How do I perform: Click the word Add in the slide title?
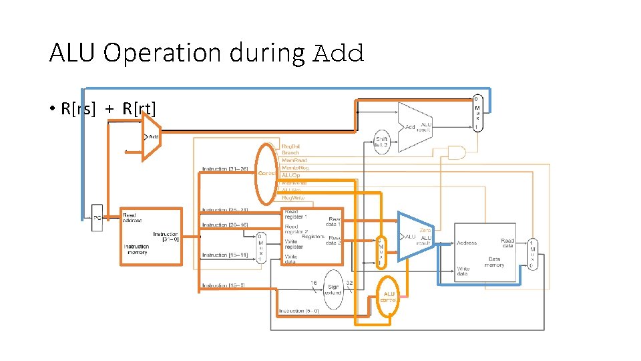point(339,53)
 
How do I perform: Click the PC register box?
point(97,218)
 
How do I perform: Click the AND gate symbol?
point(457,153)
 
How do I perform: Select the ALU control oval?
point(389,296)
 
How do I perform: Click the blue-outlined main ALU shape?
point(414,237)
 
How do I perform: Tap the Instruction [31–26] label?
point(226,168)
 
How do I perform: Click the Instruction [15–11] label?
point(225,255)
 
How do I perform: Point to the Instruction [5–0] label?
point(299,311)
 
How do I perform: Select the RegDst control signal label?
point(290,145)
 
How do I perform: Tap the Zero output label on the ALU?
point(425,230)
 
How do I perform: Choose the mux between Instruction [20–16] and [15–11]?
point(261,247)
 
